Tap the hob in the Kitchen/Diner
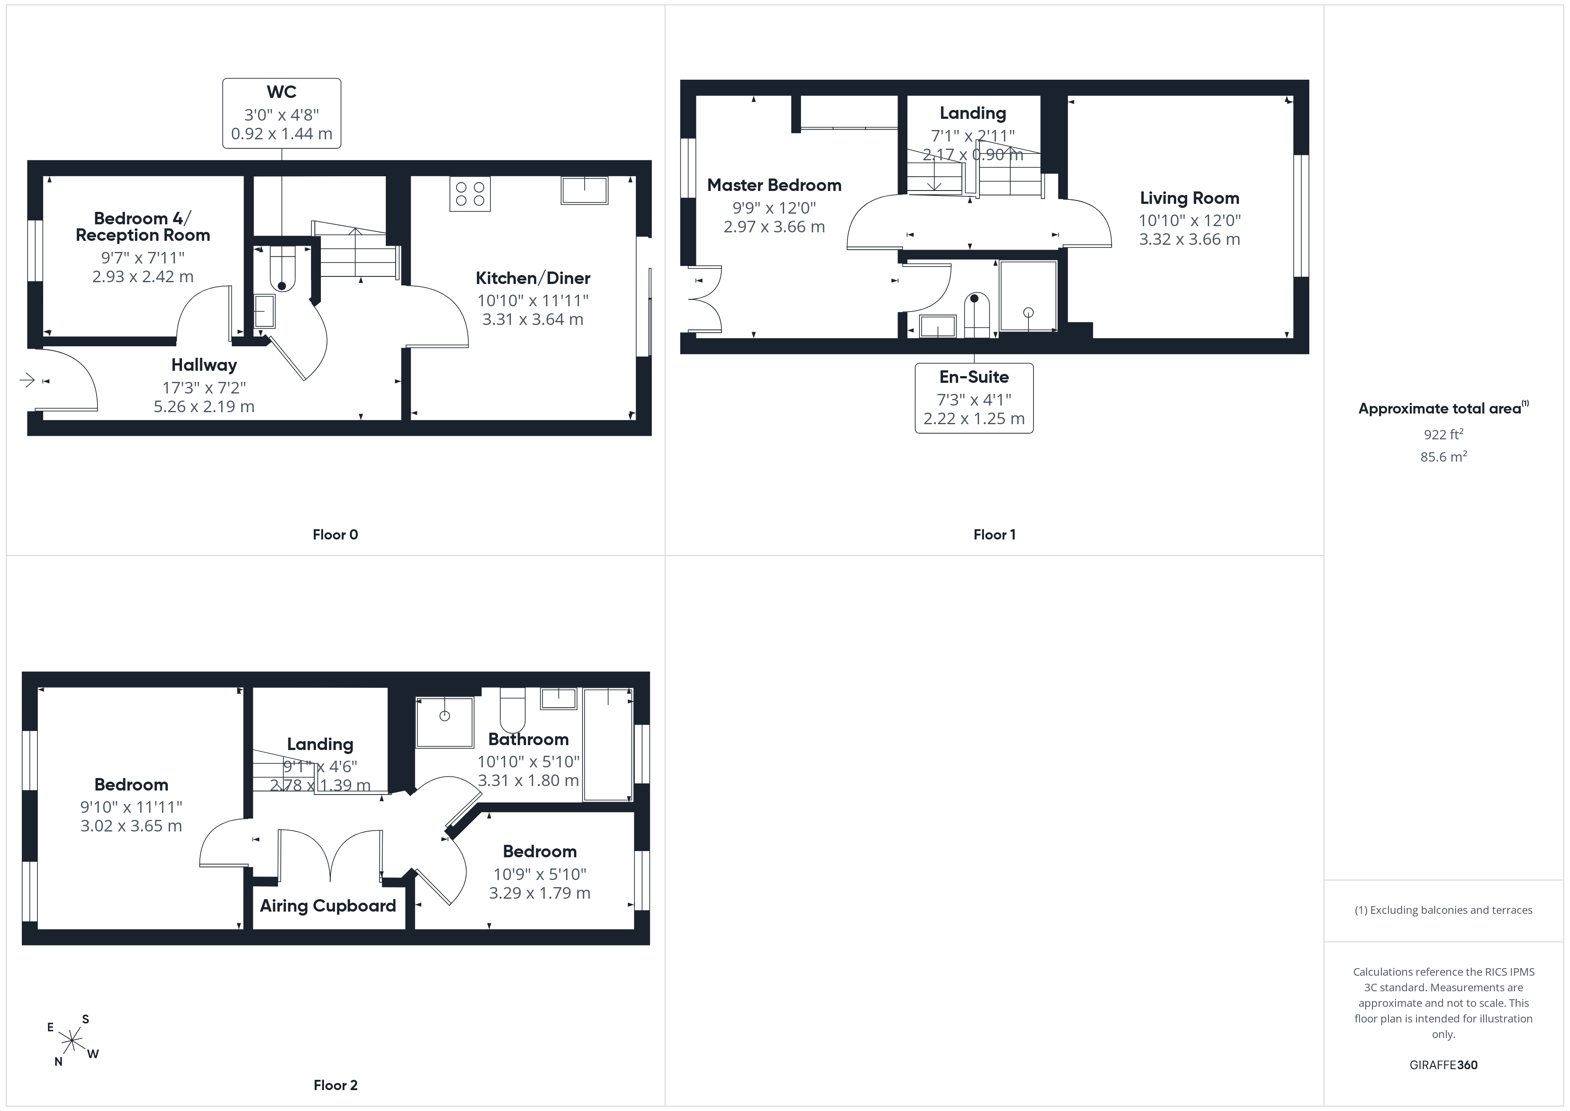(x=470, y=194)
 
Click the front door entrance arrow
(x=27, y=380)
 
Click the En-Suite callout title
(x=974, y=377)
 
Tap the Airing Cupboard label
(x=328, y=906)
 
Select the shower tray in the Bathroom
(x=445, y=722)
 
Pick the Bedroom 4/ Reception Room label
(x=143, y=227)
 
